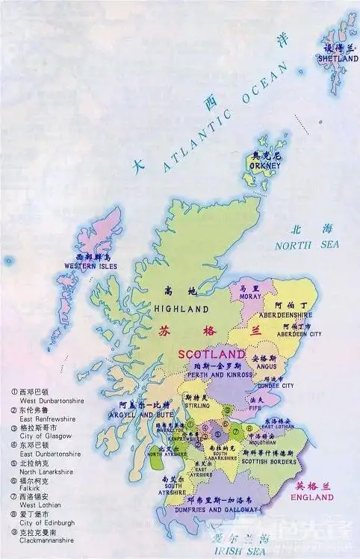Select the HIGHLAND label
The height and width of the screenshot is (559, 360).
tap(181, 308)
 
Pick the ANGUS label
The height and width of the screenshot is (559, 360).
tap(264, 367)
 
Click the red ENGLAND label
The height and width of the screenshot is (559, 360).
tap(311, 496)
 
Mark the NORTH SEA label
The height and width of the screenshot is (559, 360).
tap(307, 244)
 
